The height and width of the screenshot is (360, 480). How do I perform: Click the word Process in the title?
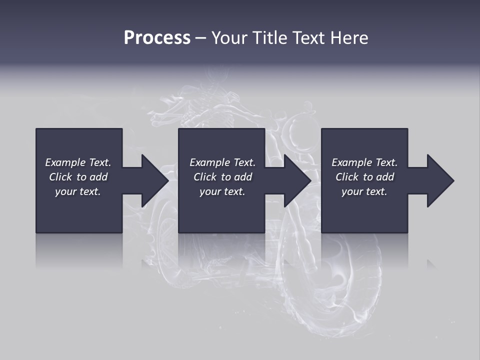[157, 38]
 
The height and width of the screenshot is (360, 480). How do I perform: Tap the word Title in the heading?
[269, 38]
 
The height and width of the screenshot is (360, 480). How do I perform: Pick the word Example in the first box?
[65, 162]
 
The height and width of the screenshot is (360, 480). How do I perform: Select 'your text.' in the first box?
[78, 191]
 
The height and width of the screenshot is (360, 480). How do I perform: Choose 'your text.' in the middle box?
[222, 191]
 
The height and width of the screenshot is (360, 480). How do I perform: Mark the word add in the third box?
[385, 177]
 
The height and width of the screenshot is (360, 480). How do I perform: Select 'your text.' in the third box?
[364, 191]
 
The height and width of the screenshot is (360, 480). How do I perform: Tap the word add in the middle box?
[243, 177]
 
